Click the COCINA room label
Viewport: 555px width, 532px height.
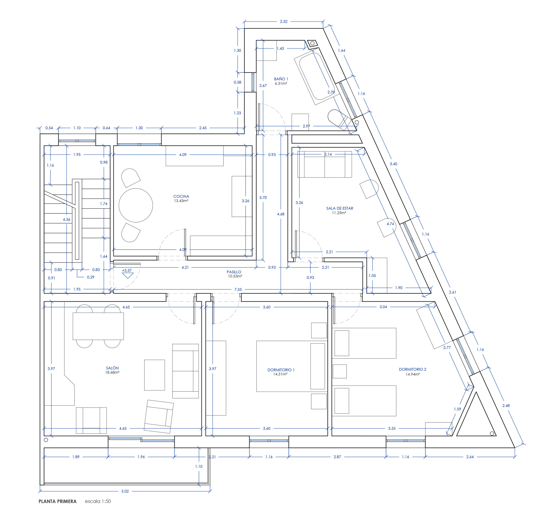pyautogui.click(x=181, y=196)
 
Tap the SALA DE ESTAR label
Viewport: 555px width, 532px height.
pyautogui.click(x=340, y=208)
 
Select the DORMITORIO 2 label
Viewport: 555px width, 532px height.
pyautogui.click(x=412, y=369)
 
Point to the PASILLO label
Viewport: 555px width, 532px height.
pyautogui.click(x=234, y=272)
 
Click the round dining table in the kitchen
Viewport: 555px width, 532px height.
pyautogui.click(x=136, y=205)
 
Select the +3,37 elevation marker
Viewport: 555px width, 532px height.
pyautogui.click(x=127, y=273)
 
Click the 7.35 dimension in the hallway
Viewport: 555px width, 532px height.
pyautogui.click(x=238, y=290)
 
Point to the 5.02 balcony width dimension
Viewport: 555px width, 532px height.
pyautogui.click(x=125, y=491)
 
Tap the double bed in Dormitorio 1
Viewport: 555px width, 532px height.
pyautogui.click(x=291, y=366)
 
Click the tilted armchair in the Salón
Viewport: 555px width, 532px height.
pyautogui.click(x=158, y=416)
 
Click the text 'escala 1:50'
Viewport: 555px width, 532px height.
pyautogui.click(x=98, y=501)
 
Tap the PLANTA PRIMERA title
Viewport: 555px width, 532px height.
pyautogui.click(x=57, y=501)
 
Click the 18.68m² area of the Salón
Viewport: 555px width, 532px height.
pyautogui.click(x=112, y=372)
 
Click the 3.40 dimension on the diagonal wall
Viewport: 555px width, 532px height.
pyautogui.click(x=393, y=164)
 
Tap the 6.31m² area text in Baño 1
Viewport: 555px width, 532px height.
pyautogui.click(x=281, y=83)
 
